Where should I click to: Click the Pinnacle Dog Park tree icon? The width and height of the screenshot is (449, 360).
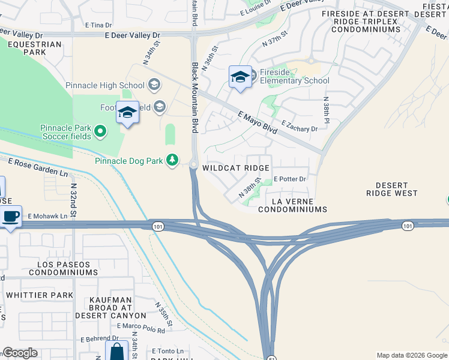(172, 160)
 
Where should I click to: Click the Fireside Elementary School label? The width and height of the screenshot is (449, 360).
(295, 80)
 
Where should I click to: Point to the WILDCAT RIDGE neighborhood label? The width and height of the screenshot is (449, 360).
(236, 168)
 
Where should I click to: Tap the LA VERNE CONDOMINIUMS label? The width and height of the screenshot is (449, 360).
(292, 205)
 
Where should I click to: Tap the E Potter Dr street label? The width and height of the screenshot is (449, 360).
(290, 179)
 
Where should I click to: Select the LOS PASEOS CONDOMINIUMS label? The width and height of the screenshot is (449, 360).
(55, 268)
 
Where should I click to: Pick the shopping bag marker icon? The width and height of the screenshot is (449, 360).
(116, 351)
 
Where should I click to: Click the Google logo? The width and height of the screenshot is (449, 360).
(20, 353)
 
